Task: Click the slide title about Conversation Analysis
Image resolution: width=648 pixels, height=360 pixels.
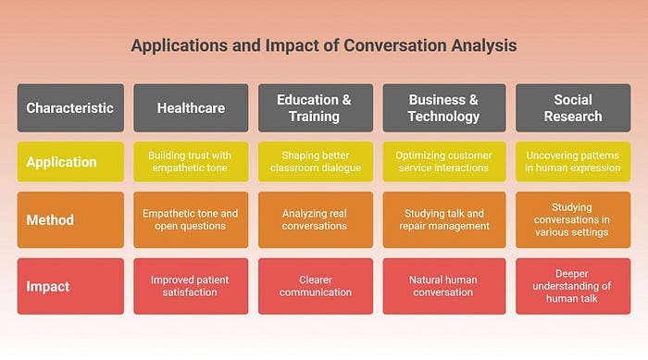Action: (x=324, y=45)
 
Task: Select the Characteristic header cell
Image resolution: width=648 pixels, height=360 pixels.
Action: (x=70, y=108)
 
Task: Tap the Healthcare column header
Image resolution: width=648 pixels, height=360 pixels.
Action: (x=191, y=108)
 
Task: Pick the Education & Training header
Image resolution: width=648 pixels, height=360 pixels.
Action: (x=316, y=108)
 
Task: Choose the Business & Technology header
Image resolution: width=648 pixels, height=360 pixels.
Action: (x=444, y=108)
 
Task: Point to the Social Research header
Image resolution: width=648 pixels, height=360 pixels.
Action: (x=573, y=108)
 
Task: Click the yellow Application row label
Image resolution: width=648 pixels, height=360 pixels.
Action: (x=70, y=162)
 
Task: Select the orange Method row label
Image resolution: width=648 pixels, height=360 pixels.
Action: (x=70, y=220)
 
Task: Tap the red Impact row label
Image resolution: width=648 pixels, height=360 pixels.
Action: (x=70, y=287)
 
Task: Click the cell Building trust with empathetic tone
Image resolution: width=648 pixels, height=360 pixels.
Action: (x=191, y=162)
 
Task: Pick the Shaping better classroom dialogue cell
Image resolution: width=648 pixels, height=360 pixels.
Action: (x=316, y=162)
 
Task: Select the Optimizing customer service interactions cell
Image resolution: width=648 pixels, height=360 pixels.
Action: (x=444, y=162)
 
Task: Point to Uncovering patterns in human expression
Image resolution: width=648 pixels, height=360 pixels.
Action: (x=573, y=162)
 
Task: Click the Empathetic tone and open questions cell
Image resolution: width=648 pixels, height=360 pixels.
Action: (x=191, y=220)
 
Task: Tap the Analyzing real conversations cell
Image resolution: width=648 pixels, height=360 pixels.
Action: (x=316, y=220)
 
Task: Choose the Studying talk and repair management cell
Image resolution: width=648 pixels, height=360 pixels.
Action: (x=444, y=220)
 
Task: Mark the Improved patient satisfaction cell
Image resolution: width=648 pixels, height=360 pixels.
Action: (x=191, y=287)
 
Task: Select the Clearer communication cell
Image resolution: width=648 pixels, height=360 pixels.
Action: (x=316, y=287)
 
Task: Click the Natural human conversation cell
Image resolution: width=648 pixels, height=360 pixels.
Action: (x=444, y=287)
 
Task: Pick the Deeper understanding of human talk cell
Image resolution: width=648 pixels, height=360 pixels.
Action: (x=573, y=287)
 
